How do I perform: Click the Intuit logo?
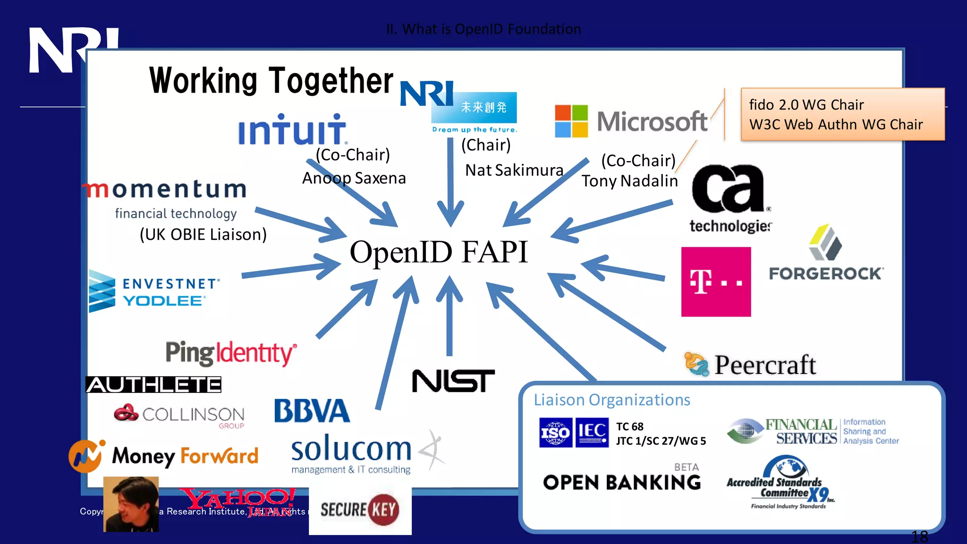292,129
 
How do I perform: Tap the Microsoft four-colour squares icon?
571,121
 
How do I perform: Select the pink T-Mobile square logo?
716,282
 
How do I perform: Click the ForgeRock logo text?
826,274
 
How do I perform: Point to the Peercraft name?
765,365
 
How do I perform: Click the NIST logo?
453,381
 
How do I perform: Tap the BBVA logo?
312,411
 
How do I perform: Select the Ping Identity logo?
231,353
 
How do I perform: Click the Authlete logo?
153,385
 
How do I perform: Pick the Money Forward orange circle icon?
85,456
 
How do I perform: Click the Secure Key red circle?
383,510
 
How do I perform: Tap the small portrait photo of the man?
131,504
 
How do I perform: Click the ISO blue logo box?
556,433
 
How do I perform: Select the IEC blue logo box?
592,433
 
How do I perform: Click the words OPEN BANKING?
622,483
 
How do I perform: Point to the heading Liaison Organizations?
612,400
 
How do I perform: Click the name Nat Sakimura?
514,170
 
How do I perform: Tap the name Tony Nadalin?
629,181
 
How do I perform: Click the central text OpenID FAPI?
438,252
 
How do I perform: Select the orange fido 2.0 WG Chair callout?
843,114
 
